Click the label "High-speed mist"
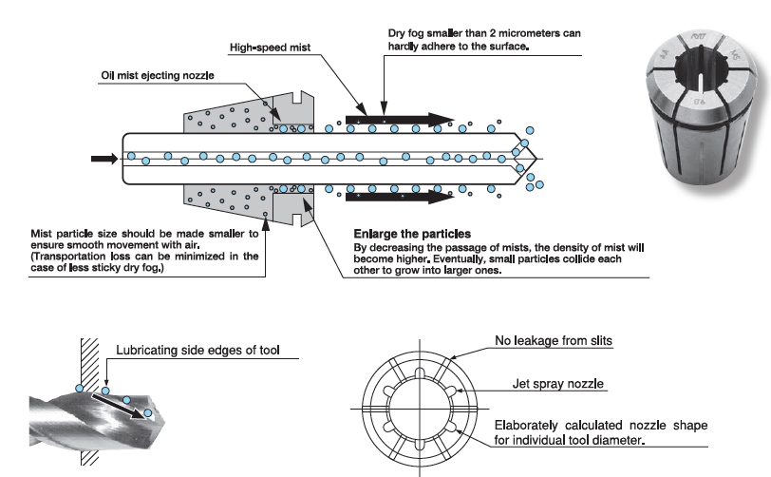[273, 47]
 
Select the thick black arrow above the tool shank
[399, 120]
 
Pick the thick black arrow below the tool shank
[399, 198]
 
